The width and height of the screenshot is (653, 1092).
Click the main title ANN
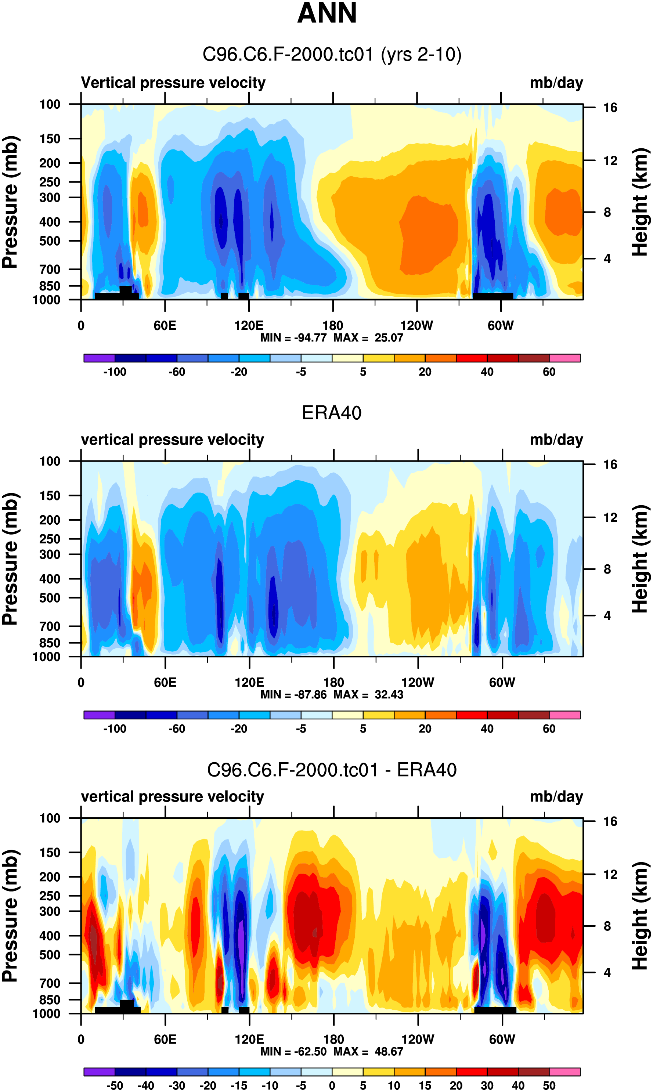[327, 13]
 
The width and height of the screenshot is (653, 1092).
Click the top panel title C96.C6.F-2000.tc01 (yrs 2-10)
[332, 55]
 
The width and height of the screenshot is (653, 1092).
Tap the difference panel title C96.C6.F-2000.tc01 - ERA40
[332, 770]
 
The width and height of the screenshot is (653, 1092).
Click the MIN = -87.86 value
[293, 694]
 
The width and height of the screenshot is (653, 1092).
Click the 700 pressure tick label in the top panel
[50, 269]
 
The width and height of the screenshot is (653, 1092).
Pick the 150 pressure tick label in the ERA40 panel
[50, 496]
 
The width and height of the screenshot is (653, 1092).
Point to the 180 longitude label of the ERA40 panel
[333, 683]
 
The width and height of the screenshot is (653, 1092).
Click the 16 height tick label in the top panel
[610, 108]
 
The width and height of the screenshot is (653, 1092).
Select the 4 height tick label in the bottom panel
[607, 973]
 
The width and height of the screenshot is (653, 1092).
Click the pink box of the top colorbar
[564, 358]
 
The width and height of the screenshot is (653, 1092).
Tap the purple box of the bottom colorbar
[99, 1072]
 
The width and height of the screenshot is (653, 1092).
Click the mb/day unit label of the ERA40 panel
[556, 440]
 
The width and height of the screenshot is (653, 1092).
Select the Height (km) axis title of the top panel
[641, 202]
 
